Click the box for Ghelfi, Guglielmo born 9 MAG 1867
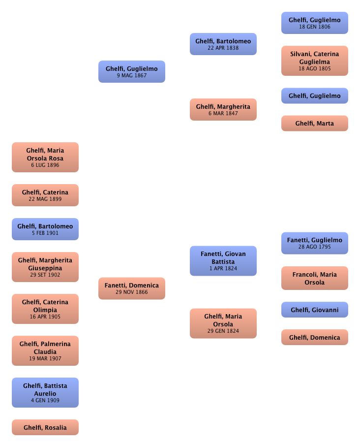tap(132, 72)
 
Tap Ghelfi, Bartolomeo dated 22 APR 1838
tap(223, 44)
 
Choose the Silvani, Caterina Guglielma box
tap(314, 61)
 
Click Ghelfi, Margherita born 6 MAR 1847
tap(223, 109)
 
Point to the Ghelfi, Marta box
tap(314, 124)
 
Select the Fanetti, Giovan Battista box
tap(223, 261)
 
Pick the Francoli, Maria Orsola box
tap(314, 278)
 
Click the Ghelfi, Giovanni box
tap(314, 310)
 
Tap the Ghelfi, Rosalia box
tap(45, 427)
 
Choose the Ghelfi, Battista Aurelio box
tap(45, 393)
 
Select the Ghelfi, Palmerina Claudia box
tap(45, 351)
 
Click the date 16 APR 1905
tap(45, 317)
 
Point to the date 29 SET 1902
tap(45, 275)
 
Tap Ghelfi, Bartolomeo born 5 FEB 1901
tap(45, 229)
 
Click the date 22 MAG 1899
tap(45, 198)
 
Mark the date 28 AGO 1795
tap(314, 247)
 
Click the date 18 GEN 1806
tap(314, 27)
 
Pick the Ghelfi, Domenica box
tap(314, 337)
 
